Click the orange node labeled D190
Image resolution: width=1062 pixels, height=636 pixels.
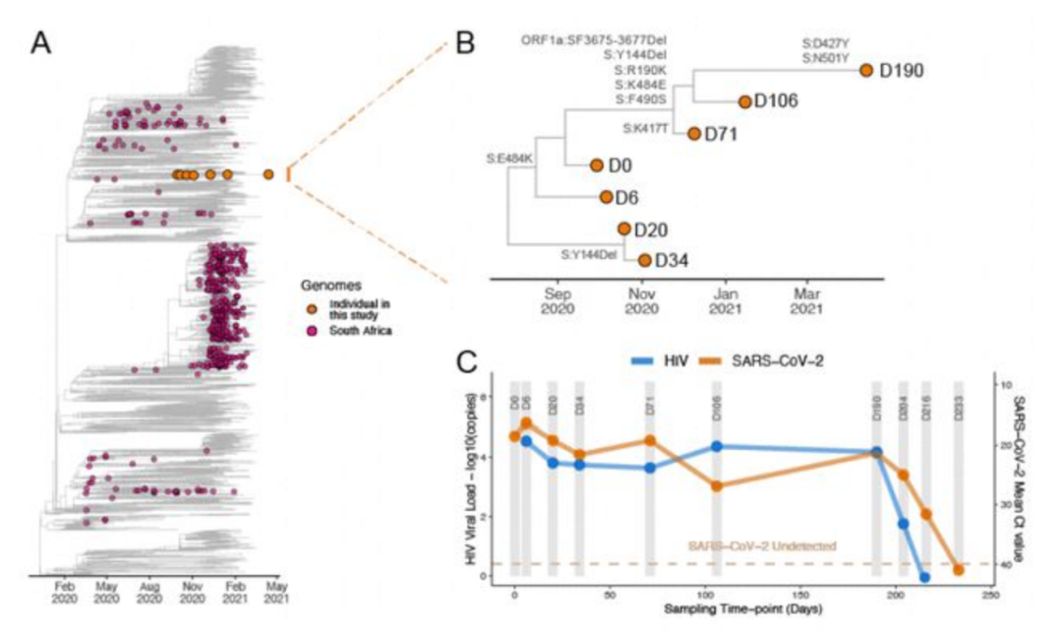coord(866,70)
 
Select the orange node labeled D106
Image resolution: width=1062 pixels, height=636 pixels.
coord(744,100)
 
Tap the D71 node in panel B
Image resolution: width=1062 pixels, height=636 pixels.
coord(693,134)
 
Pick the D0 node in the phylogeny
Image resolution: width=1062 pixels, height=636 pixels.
coord(597,166)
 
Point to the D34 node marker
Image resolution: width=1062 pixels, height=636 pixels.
coord(644,260)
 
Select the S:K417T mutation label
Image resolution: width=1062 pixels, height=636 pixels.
coord(651,128)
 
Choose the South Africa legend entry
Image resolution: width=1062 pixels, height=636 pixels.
coord(363,331)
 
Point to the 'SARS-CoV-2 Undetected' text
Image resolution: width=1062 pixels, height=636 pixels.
coord(745,545)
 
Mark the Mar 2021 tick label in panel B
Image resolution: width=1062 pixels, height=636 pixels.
coord(808,300)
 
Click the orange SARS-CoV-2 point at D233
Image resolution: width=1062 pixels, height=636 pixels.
coord(959,569)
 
